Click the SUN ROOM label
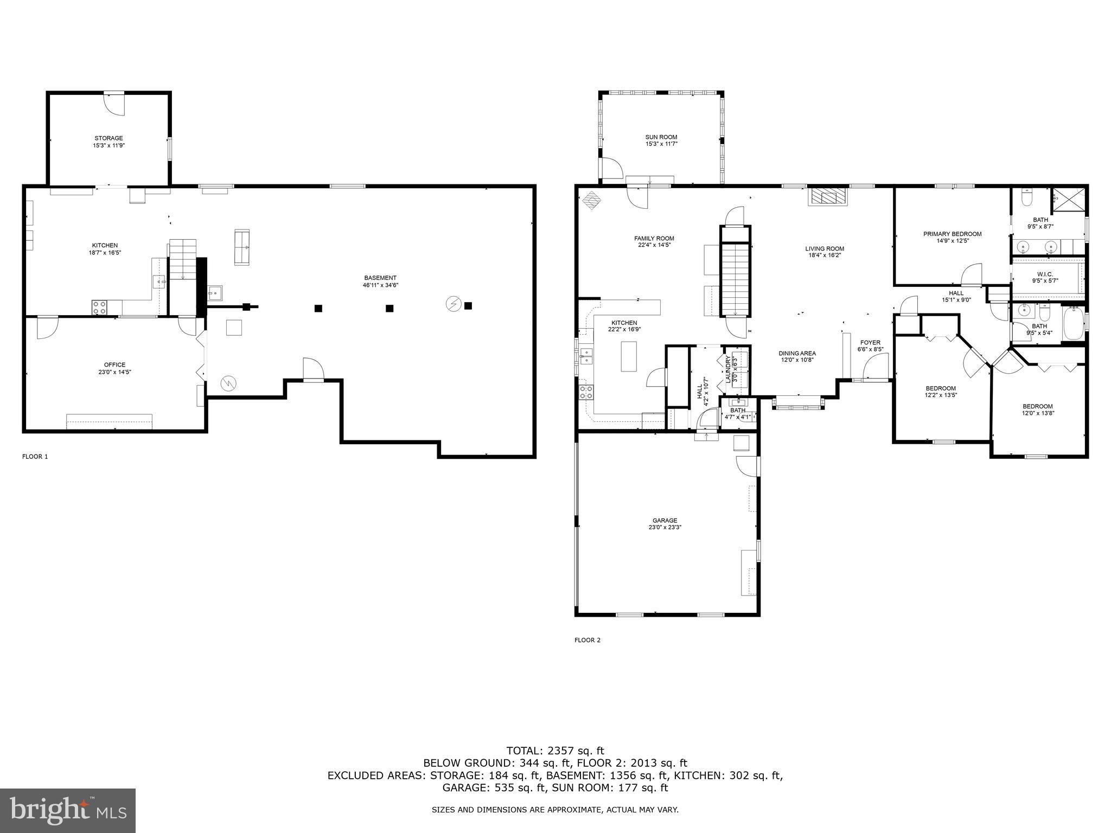(661, 137)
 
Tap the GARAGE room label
(665, 521)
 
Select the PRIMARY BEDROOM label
(952, 234)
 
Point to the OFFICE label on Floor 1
(114, 365)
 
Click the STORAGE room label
(108, 138)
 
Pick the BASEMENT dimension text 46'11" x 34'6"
(380, 285)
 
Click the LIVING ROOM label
(824, 249)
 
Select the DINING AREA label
(797, 354)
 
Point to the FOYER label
(870, 343)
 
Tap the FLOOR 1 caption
(35, 457)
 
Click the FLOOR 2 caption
(587, 640)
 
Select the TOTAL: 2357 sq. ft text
(555, 751)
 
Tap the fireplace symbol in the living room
(827, 197)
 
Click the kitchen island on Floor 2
(628, 356)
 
